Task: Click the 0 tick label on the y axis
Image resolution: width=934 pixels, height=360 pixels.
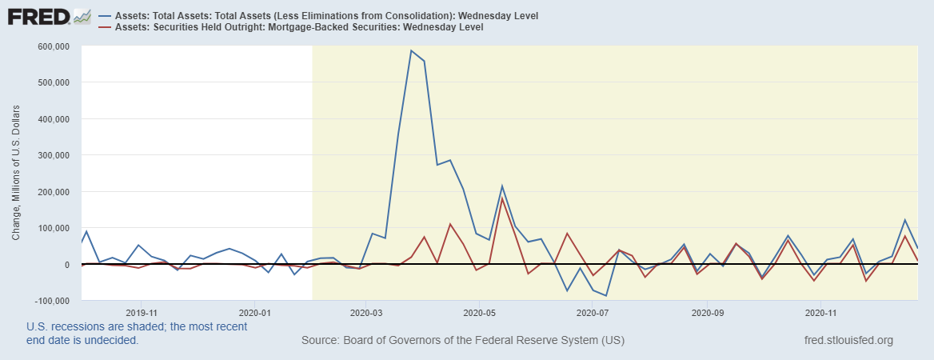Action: point(66,265)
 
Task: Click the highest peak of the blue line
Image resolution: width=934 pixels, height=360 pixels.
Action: point(411,50)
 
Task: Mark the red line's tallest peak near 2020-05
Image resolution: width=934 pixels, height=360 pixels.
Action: point(502,198)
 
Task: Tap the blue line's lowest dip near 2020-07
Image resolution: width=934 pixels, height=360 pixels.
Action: point(606,295)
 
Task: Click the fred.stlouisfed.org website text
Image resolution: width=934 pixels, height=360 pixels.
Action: point(848,340)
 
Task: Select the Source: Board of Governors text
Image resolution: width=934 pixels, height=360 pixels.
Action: point(463,340)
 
